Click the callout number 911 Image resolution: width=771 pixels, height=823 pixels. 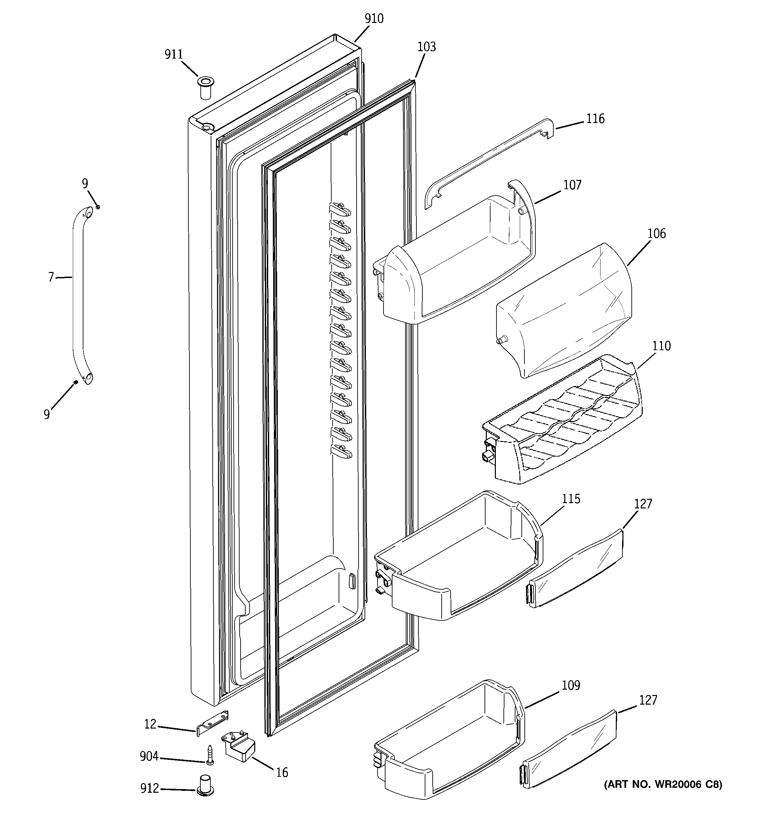click(173, 55)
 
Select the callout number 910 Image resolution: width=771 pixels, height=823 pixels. click(374, 19)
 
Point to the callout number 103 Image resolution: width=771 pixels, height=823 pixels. click(426, 47)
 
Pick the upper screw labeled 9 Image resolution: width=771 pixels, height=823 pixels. click(98, 206)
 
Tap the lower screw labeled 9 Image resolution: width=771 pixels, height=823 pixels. click(76, 382)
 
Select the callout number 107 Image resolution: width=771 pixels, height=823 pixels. click(572, 185)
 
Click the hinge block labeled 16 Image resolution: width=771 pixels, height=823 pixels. click(240, 749)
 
